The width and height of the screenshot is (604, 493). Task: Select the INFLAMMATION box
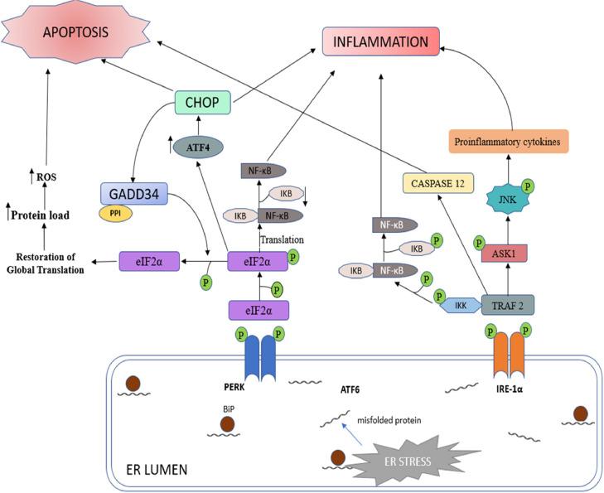coord(380,42)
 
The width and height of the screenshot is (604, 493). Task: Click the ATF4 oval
coord(197,147)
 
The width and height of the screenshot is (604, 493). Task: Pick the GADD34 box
coord(133,195)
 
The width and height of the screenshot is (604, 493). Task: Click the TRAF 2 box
coord(506,304)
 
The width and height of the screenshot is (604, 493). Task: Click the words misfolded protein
coord(390,420)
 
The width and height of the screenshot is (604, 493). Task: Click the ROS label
coord(47,176)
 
